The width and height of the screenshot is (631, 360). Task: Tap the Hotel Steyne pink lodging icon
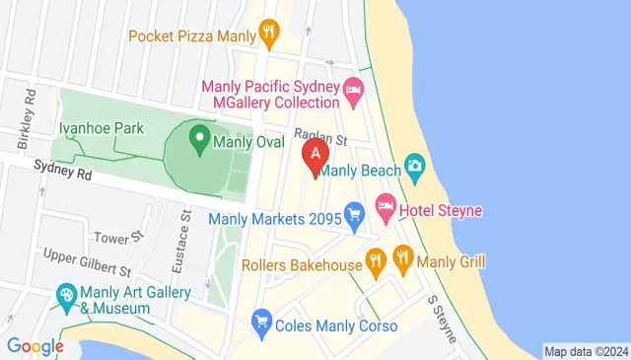385,208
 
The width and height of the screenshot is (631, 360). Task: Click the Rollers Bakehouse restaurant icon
375,262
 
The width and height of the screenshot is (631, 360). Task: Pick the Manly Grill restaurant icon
402,261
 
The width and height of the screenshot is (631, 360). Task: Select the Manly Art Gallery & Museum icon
66,295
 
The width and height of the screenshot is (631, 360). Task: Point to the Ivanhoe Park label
101,127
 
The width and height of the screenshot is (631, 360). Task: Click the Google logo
35,345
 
